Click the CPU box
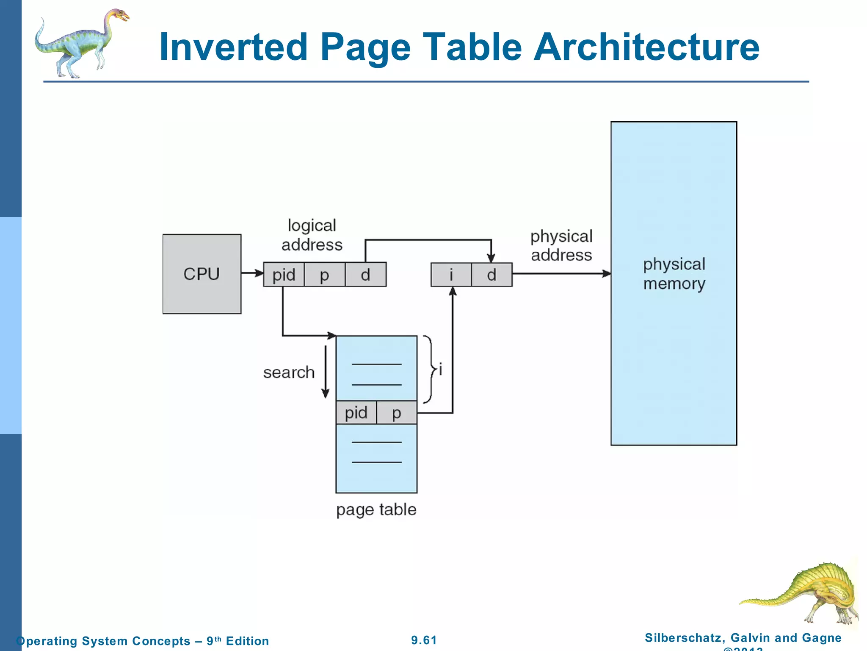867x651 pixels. [x=202, y=274]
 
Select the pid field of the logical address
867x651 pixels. [x=284, y=275]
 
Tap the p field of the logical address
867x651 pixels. [x=324, y=275]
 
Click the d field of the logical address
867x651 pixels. [x=365, y=275]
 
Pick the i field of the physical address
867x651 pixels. [x=451, y=275]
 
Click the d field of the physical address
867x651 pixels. [x=491, y=275]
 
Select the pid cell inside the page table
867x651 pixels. [x=356, y=412]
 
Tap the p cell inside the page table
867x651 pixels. [x=397, y=412]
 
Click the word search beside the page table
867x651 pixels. [x=289, y=372]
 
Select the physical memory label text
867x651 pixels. [x=674, y=274]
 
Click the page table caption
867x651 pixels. [x=376, y=509]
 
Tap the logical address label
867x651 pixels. [x=312, y=235]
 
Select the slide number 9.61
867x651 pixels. [x=424, y=640]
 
